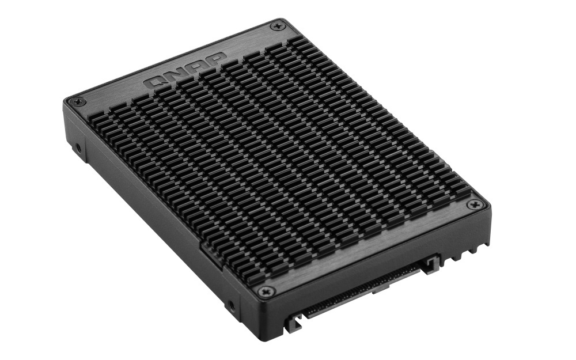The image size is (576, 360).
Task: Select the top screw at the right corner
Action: click(474, 204)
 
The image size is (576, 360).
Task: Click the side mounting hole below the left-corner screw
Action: click(78, 148)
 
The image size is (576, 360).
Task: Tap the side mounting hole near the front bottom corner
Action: click(232, 305)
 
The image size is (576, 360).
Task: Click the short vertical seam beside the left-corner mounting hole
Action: click(87, 141)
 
